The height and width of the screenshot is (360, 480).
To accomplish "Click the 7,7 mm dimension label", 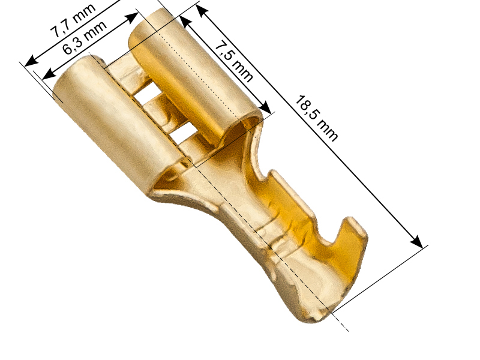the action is coord(73,21).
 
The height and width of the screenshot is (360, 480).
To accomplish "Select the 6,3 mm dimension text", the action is coord(85,37).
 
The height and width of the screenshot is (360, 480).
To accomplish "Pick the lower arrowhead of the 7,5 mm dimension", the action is coord(265,108).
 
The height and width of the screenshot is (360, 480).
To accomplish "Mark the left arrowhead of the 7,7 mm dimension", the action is coord(32,61).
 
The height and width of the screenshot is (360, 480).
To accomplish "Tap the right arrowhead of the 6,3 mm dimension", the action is coord(131,18).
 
